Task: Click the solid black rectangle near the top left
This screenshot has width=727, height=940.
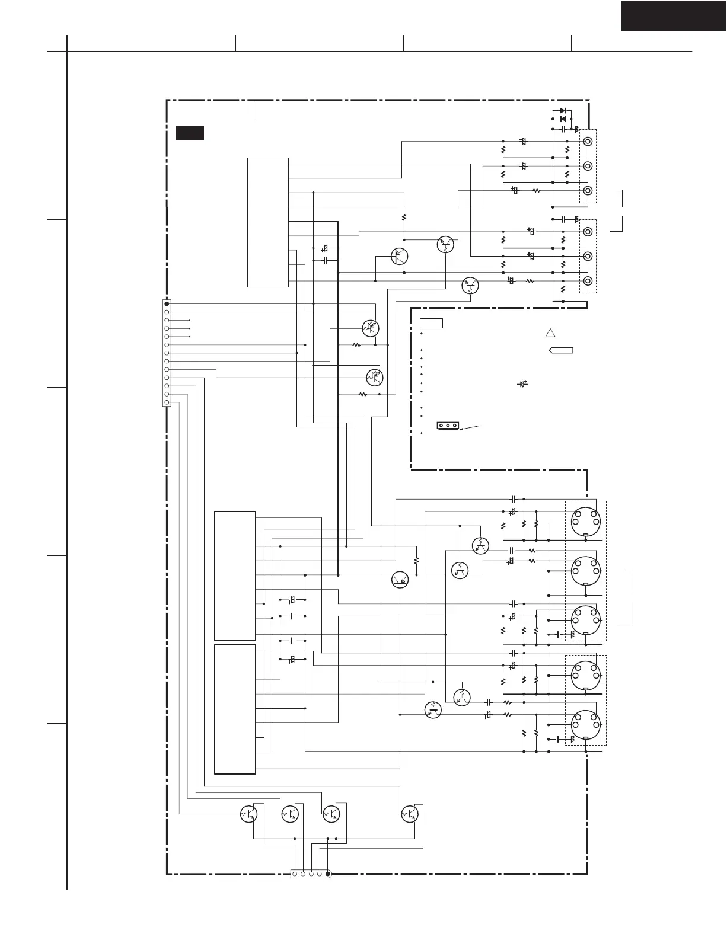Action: (190, 133)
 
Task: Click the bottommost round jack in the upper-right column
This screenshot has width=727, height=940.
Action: (588, 281)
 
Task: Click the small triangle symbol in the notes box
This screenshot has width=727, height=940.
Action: (550, 333)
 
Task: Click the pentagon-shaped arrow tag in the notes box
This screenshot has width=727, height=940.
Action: (562, 350)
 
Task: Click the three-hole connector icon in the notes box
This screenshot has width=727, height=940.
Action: (448, 426)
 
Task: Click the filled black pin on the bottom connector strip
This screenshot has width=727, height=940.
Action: (328, 874)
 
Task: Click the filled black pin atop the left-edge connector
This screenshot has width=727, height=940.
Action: (167, 303)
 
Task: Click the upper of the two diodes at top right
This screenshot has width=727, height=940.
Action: (563, 111)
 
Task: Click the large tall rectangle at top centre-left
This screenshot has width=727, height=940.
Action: (267, 222)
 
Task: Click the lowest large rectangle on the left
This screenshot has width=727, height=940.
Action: (235, 709)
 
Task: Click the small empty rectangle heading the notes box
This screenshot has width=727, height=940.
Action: (431, 323)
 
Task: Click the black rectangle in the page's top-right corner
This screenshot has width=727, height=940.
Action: (674, 15)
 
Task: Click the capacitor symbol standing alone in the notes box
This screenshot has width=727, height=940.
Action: (522, 384)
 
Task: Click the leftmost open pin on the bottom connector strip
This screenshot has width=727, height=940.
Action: (295, 874)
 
